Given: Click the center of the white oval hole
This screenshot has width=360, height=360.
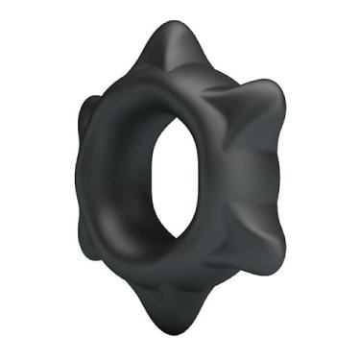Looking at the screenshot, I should [x=186, y=177].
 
